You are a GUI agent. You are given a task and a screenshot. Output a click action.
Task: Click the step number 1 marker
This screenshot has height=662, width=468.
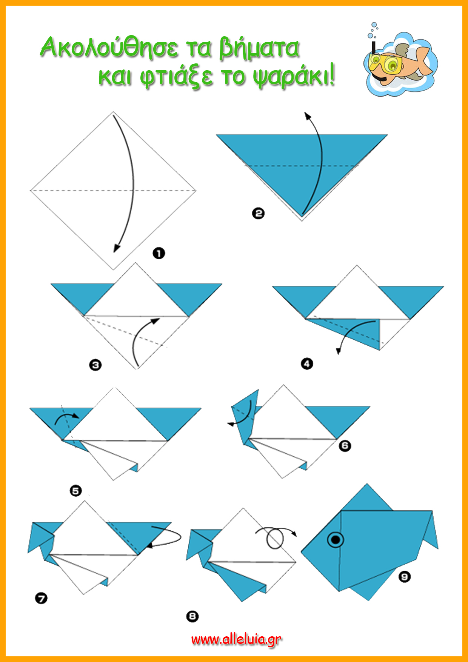[x=159, y=253]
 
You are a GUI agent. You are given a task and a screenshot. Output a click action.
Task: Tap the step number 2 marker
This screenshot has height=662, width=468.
[x=258, y=214]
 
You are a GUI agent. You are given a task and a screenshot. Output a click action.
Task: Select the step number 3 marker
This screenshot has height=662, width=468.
[x=95, y=365]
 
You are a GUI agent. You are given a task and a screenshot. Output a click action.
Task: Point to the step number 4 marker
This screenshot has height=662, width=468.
[x=307, y=364]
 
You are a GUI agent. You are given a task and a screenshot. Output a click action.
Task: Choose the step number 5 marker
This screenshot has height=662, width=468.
[x=76, y=491]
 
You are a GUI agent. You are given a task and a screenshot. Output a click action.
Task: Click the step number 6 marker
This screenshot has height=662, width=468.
[x=345, y=446]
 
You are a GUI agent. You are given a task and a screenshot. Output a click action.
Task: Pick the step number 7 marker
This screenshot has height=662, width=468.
[x=41, y=598]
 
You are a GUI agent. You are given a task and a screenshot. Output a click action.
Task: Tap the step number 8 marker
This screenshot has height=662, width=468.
[x=192, y=616]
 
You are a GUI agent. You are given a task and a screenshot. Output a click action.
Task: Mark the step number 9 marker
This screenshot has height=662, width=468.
[x=405, y=577]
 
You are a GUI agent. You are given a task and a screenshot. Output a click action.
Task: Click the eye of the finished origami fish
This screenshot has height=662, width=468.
[x=336, y=540]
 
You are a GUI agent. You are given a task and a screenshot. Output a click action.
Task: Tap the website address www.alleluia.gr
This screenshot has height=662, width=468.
[x=237, y=639]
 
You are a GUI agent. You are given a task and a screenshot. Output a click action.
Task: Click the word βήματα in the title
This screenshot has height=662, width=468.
[x=260, y=48]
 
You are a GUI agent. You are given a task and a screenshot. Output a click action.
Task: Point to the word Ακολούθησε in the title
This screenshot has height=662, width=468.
[x=109, y=48]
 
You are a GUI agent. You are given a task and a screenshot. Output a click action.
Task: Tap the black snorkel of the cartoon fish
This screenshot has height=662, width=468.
[x=374, y=57]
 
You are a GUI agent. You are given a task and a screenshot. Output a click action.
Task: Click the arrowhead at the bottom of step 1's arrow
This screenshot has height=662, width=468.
[x=117, y=248]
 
